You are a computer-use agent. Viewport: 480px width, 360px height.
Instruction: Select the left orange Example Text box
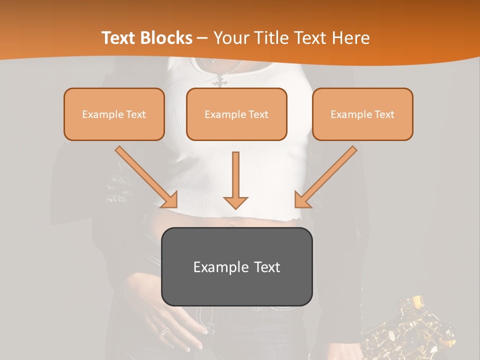pos(114,114)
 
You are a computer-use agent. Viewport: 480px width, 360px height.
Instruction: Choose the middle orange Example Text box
pos(236,114)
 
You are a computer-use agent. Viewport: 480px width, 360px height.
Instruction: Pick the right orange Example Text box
pos(362,114)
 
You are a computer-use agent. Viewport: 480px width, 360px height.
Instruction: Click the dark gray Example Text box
pos(237,267)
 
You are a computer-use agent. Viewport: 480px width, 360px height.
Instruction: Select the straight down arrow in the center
pos(235,180)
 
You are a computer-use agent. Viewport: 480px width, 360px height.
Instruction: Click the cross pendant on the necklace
pos(220,80)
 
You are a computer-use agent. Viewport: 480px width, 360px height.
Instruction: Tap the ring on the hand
pos(164,331)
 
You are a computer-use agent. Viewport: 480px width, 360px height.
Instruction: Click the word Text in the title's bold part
pos(118,38)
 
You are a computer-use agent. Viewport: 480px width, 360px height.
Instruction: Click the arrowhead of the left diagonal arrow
pos(170,200)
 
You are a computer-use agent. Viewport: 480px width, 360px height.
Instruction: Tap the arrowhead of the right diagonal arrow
pos(302,200)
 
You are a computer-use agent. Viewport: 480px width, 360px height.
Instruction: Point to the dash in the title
pos(202,38)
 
